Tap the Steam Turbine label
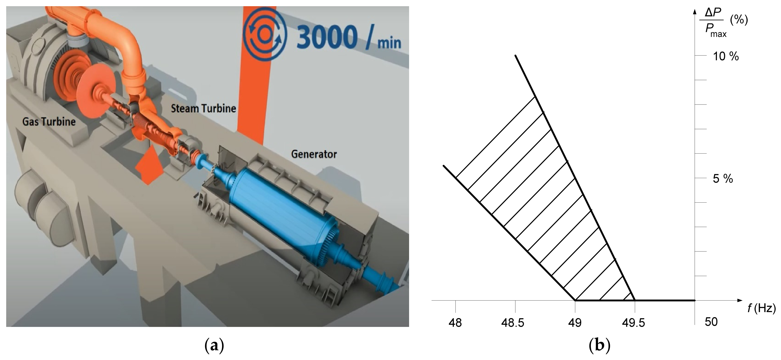click(x=203, y=109)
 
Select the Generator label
click(x=314, y=154)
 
